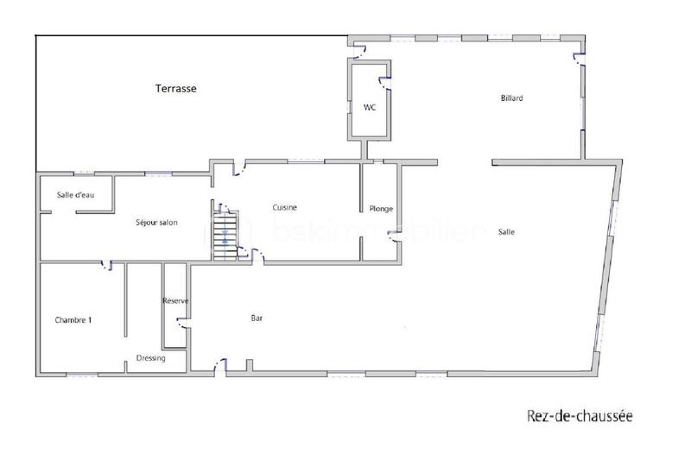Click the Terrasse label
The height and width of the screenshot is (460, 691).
tap(176, 88)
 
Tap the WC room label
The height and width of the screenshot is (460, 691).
tap(369, 107)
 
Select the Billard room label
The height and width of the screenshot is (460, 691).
tap(511, 98)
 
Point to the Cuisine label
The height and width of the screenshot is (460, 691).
tap(286, 207)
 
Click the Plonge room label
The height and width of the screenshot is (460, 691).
tap(381, 209)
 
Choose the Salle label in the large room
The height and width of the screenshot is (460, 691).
tap(507, 231)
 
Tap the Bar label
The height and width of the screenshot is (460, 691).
tap(257, 318)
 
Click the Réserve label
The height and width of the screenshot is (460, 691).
tap(176, 300)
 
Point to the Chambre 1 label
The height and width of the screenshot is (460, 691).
tap(73, 319)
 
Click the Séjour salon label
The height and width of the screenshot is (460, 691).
tap(157, 223)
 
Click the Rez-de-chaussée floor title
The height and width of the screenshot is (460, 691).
tap(580, 416)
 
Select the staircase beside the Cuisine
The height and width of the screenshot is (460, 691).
tap(225, 230)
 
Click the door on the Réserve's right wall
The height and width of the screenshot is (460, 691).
tap(183, 324)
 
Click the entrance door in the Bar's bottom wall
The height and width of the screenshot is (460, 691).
tap(221, 369)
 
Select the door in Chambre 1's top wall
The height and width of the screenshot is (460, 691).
tap(107, 265)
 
